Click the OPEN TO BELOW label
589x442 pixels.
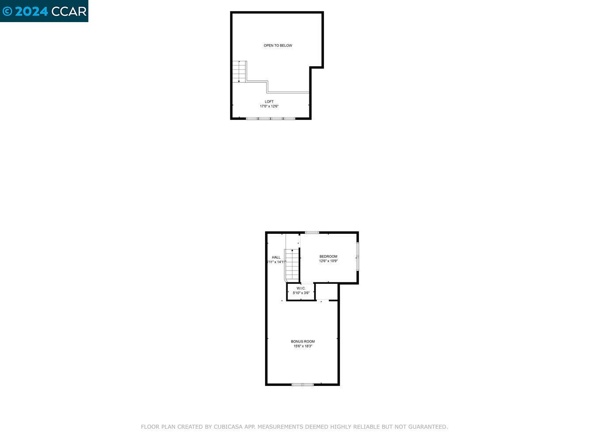(278, 46)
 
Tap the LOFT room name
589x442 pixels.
(269, 102)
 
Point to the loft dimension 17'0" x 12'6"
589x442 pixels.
(269, 107)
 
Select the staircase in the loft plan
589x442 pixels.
(239, 72)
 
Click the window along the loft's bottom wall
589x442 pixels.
(270, 118)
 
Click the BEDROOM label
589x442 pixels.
(328, 256)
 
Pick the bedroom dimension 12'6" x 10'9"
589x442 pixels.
(328, 261)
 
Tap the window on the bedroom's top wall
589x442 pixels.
(312, 232)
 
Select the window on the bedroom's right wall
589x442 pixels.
(357, 256)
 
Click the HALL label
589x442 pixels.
(276, 257)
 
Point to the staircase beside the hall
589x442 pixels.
(292, 264)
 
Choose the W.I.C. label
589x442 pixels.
(301, 288)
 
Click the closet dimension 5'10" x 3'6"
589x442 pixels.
(301, 293)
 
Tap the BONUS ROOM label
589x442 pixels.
(303, 341)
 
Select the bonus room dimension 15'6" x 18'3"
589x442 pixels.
(303, 346)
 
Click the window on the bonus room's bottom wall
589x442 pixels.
(303, 385)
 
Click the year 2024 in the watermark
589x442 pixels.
(31, 11)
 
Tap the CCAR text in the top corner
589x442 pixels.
(69, 11)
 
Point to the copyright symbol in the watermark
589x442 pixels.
(7, 11)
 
